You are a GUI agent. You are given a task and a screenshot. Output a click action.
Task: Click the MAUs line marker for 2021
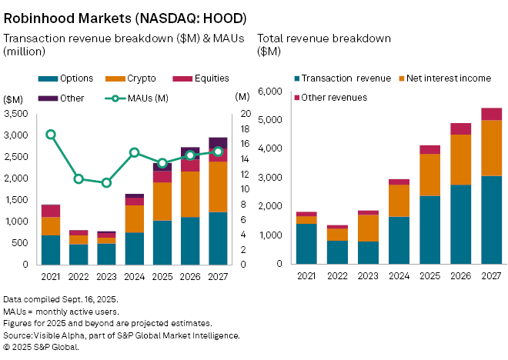click(51, 135)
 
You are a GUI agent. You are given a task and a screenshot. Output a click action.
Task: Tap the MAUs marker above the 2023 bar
click(106, 182)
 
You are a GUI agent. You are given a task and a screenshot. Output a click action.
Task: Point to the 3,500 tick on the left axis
click(17, 114)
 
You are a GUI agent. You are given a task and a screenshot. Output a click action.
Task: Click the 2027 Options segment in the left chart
click(218, 238)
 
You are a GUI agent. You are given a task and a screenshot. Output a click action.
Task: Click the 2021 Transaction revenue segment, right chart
click(306, 243)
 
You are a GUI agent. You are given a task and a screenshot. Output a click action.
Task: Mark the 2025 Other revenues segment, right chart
click(430, 149)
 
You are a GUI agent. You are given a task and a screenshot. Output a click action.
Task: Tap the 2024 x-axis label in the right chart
click(399, 275)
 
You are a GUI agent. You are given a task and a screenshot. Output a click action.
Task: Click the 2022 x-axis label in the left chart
click(79, 275)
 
